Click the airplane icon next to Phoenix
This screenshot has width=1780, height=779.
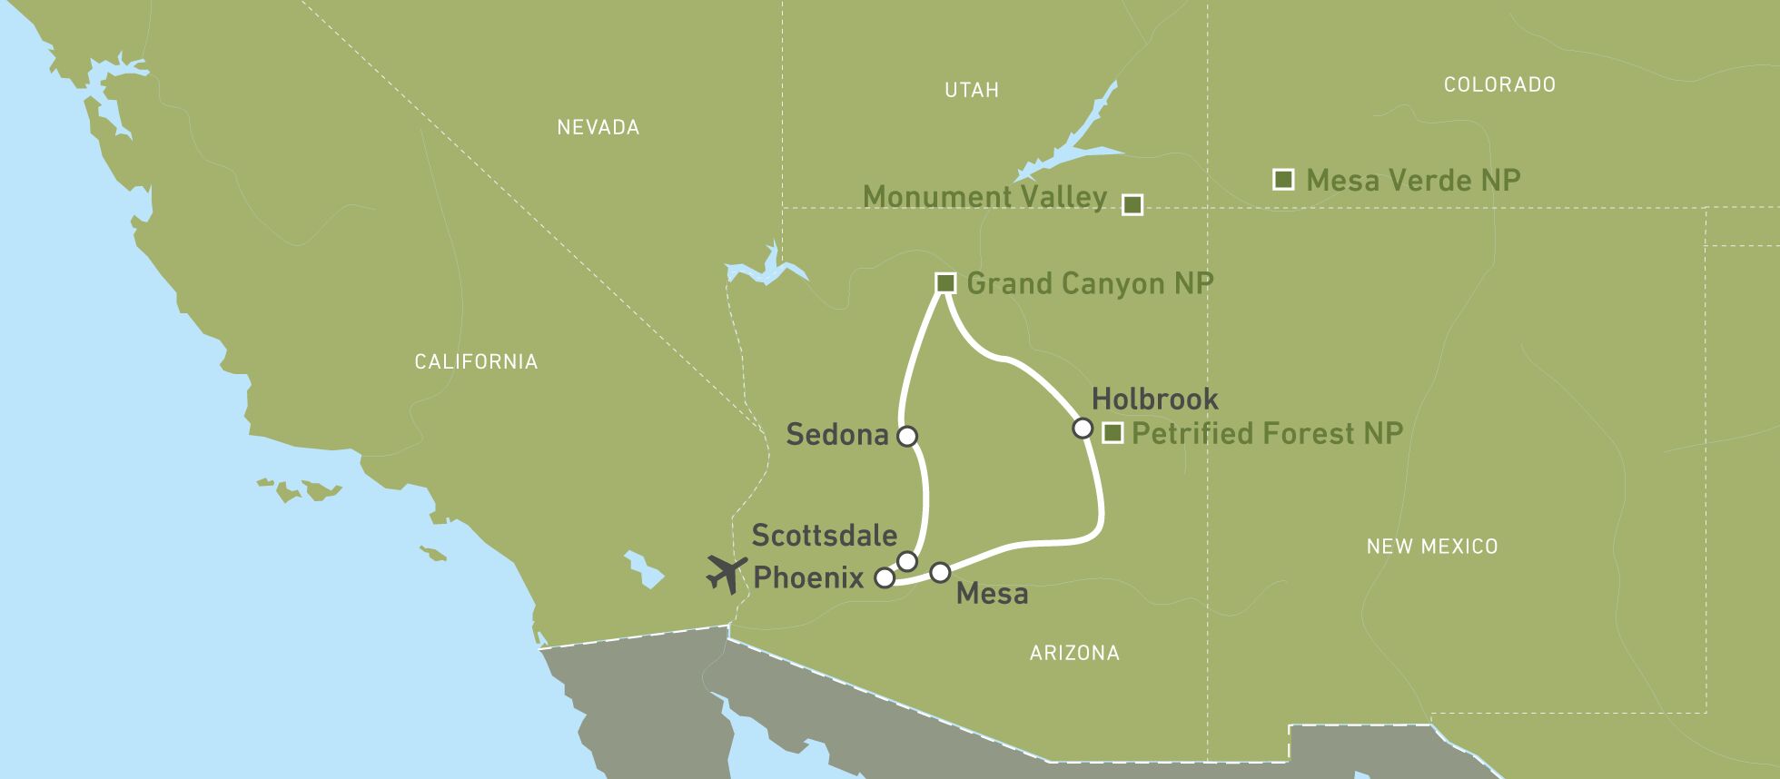pyautogui.click(x=727, y=574)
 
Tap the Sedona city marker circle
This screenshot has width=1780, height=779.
pyautogui.click(x=907, y=436)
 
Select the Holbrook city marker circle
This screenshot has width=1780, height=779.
pyautogui.click(x=1083, y=428)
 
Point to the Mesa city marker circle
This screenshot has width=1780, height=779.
pyautogui.click(x=941, y=572)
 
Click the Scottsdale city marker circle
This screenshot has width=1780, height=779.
pyautogui.click(x=906, y=560)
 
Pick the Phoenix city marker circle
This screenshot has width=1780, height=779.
pyautogui.click(x=884, y=577)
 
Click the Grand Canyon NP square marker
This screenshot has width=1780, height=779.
pyautogui.click(x=945, y=283)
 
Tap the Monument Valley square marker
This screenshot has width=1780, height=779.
pyautogui.click(x=1132, y=204)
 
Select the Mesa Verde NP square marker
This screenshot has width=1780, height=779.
pyautogui.click(x=1283, y=179)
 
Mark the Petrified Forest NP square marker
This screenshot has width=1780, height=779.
pyautogui.click(x=1112, y=433)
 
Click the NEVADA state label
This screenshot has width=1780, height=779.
pyautogui.click(x=598, y=127)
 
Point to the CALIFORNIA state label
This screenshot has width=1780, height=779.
pyautogui.click(x=476, y=361)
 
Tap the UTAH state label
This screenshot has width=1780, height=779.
pyautogui.click(x=972, y=90)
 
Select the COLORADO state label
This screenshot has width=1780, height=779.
pyautogui.click(x=1499, y=84)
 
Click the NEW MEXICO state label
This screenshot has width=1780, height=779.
pyautogui.click(x=1432, y=546)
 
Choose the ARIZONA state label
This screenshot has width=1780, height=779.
pyautogui.click(x=1074, y=653)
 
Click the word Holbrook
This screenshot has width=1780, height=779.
pyautogui.click(x=1154, y=399)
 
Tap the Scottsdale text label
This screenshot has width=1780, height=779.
pyautogui.click(x=825, y=536)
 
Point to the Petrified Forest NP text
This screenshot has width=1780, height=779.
pyautogui.click(x=1267, y=433)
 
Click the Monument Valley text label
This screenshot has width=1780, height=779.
pyautogui.click(x=984, y=197)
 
